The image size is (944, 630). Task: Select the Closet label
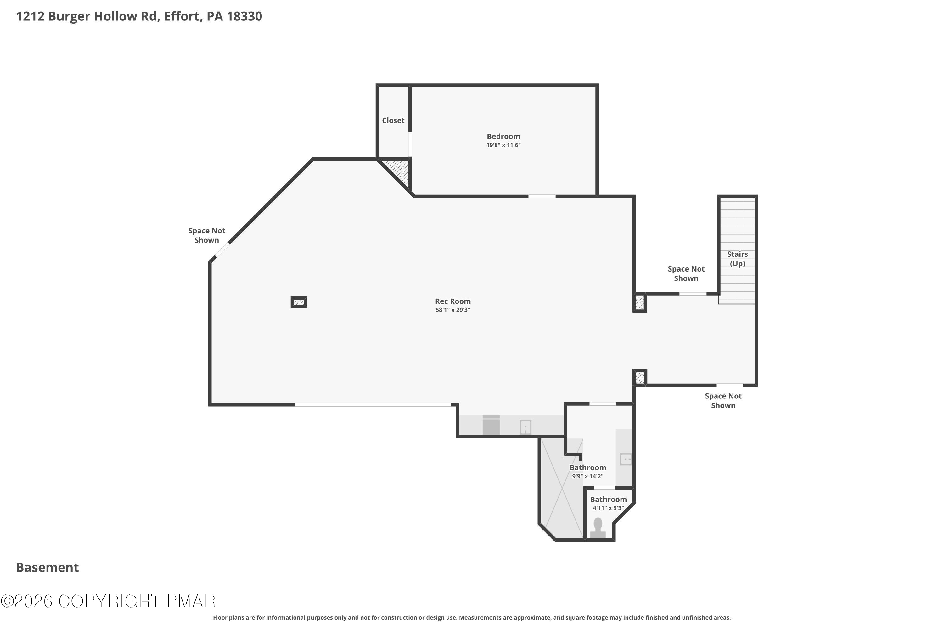pos(393,121)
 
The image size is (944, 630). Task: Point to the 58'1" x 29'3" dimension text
pos(453,310)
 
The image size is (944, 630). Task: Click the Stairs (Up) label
pos(737,259)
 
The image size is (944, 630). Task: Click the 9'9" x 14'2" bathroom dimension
pos(587,476)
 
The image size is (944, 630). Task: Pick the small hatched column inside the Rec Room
pos(299,302)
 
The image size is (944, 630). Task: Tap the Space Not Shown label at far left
pos(207,235)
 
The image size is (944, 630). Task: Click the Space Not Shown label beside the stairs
pos(686,274)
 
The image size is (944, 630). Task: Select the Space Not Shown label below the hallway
pos(723,401)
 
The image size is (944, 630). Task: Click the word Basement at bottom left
pos(48,567)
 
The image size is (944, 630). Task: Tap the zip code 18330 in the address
pos(244,16)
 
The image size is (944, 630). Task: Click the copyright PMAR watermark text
pos(108,601)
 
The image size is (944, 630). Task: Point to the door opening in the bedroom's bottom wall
pos(542,197)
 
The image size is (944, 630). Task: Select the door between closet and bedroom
pos(410,144)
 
